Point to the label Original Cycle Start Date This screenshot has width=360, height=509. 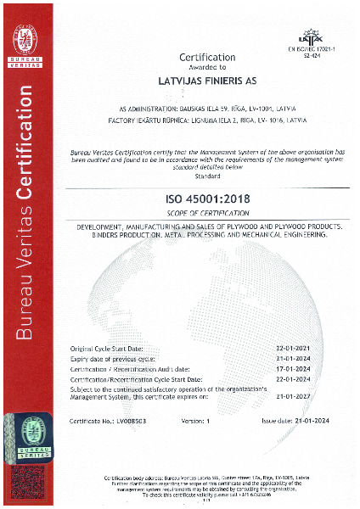(106, 349)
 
